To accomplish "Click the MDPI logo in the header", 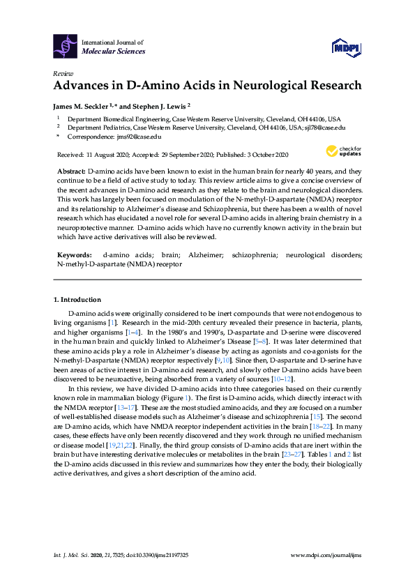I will [x=345, y=47].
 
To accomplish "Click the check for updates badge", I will [x=340, y=151].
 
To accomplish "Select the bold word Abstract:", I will [x=70, y=171].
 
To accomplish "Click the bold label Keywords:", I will [x=73, y=256].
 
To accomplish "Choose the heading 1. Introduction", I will [x=77, y=300].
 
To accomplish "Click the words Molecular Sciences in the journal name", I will [x=114, y=51].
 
